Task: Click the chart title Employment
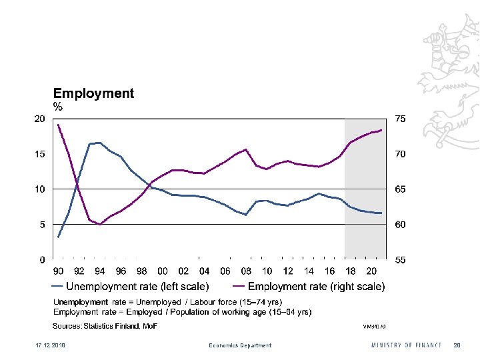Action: tap(93, 94)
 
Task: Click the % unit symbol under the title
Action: tap(58, 107)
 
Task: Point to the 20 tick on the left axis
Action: tap(39, 119)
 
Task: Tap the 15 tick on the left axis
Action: tap(39, 154)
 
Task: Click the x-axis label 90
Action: tap(59, 271)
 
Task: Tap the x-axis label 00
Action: tap(163, 271)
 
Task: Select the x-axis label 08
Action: tap(246, 271)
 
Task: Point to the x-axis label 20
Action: tap(371, 271)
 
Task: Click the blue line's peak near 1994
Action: tap(99, 143)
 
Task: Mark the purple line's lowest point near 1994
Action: tap(99, 225)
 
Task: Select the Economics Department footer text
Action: tap(240, 345)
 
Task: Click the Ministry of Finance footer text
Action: tap(406, 345)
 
